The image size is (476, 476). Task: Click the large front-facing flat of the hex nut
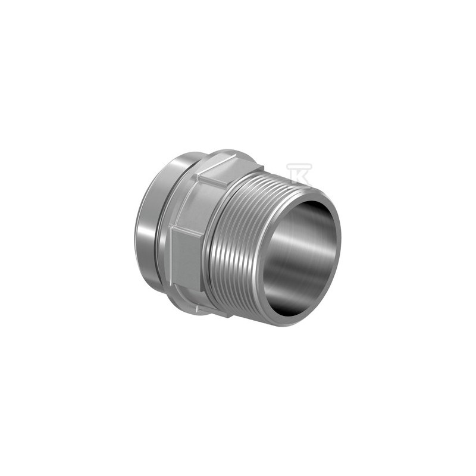pyautogui.click(x=186, y=256)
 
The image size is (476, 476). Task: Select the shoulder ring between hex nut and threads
pyautogui.click(x=205, y=244)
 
